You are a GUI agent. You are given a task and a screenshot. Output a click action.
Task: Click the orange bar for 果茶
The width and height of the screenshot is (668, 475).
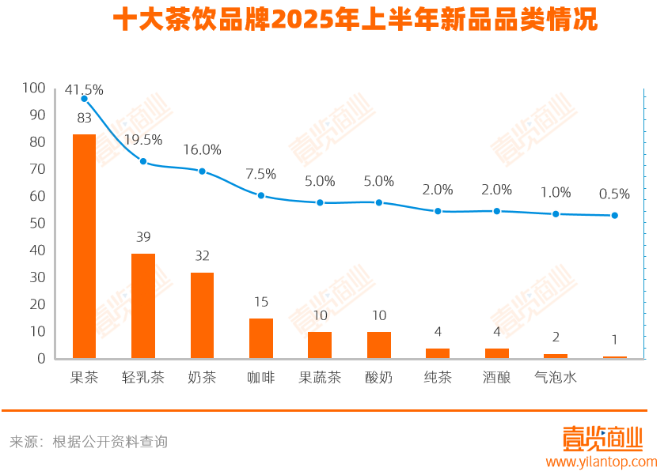(x=84, y=246)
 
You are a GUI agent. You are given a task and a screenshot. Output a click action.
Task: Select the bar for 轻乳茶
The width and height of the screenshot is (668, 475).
(x=143, y=306)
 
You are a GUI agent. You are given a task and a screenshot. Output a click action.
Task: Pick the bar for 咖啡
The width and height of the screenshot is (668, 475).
(x=261, y=338)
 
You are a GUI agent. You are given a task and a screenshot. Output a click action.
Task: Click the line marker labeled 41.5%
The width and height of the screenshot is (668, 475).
(x=84, y=99)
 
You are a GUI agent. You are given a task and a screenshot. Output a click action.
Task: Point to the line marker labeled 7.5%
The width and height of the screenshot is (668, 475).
(x=261, y=195)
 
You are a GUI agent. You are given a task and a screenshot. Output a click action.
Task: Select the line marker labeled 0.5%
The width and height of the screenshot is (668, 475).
(x=615, y=215)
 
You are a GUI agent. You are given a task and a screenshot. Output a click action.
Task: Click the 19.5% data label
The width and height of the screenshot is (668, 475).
(x=143, y=140)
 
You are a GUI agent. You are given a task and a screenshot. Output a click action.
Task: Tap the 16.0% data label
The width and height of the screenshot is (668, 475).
(x=202, y=150)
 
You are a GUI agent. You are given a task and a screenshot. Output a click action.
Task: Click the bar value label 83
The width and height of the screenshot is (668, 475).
(x=84, y=119)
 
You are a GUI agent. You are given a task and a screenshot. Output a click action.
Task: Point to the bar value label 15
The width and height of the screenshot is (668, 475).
(x=261, y=302)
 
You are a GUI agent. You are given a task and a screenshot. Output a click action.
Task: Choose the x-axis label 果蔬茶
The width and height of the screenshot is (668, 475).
(x=320, y=378)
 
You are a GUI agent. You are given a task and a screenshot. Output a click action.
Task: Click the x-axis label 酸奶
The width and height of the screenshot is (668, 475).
(x=379, y=378)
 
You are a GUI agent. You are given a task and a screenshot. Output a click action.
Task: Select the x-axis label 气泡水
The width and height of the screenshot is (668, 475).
(x=556, y=378)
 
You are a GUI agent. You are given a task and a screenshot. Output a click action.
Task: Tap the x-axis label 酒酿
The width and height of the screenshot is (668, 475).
(x=497, y=378)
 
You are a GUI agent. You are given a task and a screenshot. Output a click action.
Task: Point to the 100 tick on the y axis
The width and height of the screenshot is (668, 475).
(x=35, y=88)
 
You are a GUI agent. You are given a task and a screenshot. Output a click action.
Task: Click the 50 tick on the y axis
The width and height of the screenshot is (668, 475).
(x=38, y=223)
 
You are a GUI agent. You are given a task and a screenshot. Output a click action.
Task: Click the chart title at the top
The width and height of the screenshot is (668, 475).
(x=355, y=21)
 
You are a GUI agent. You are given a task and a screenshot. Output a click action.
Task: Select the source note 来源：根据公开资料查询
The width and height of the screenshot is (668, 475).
(x=89, y=442)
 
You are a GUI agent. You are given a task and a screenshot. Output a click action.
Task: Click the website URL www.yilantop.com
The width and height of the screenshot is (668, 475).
(x=602, y=462)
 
